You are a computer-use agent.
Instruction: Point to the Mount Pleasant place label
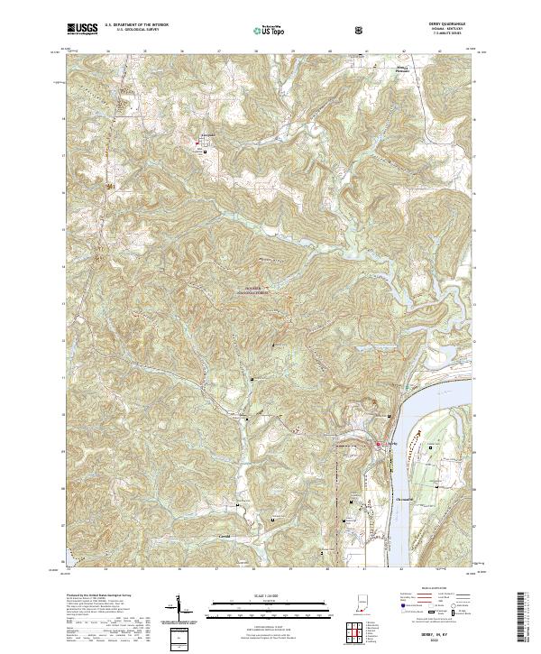[411, 92]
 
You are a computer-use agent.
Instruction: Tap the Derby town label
[392, 444]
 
